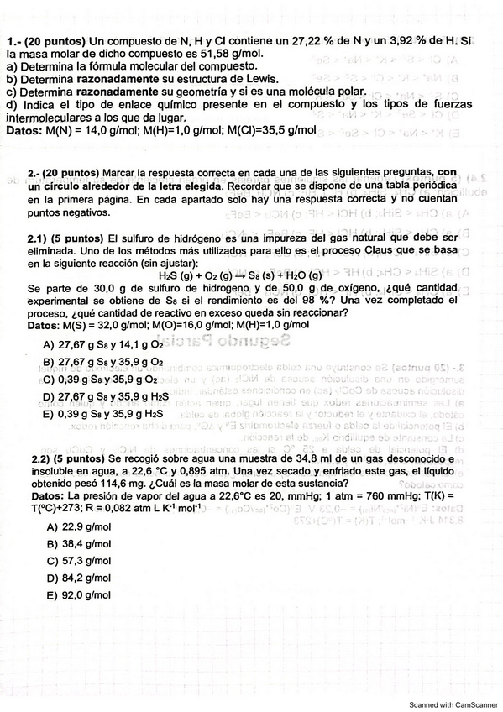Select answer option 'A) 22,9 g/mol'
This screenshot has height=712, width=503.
(81, 527)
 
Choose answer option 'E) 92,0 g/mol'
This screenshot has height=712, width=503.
(81, 594)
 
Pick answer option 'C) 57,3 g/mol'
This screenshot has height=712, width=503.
(81, 561)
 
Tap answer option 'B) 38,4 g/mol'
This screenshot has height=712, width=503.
(81, 544)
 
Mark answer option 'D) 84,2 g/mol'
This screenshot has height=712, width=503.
(81, 578)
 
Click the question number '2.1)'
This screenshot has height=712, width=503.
(40, 238)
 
